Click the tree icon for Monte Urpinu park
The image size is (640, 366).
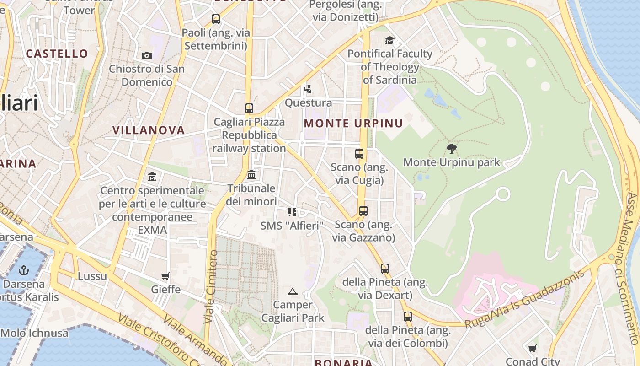click(x=452, y=148)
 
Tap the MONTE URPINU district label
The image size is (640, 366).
click(x=353, y=124)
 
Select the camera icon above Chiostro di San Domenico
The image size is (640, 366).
click(x=147, y=55)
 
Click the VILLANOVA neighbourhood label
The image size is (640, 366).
click(x=149, y=130)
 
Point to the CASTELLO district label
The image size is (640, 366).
click(x=57, y=54)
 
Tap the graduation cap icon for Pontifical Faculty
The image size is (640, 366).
click(x=389, y=40)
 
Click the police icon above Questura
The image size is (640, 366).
click(x=308, y=88)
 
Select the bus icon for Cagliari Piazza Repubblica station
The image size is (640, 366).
click(x=249, y=108)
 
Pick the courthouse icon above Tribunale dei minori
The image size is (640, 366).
click(x=251, y=175)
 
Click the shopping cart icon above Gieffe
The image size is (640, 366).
click(x=165, y=276)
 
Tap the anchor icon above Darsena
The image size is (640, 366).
click(x=24, y=270)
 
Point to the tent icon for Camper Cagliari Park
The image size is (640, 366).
click(x=293, y=291)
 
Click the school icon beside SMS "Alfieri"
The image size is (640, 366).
click(x=292, y=212)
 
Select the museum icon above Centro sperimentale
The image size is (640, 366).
click(x=152, y=177)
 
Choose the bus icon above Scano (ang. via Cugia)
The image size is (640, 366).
click(x=359, y=154)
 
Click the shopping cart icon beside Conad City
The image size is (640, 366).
click(x=533, y=349)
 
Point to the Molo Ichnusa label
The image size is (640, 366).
click(x=35, y=333)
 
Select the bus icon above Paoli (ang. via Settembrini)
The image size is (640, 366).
click(x=216, y=19)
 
